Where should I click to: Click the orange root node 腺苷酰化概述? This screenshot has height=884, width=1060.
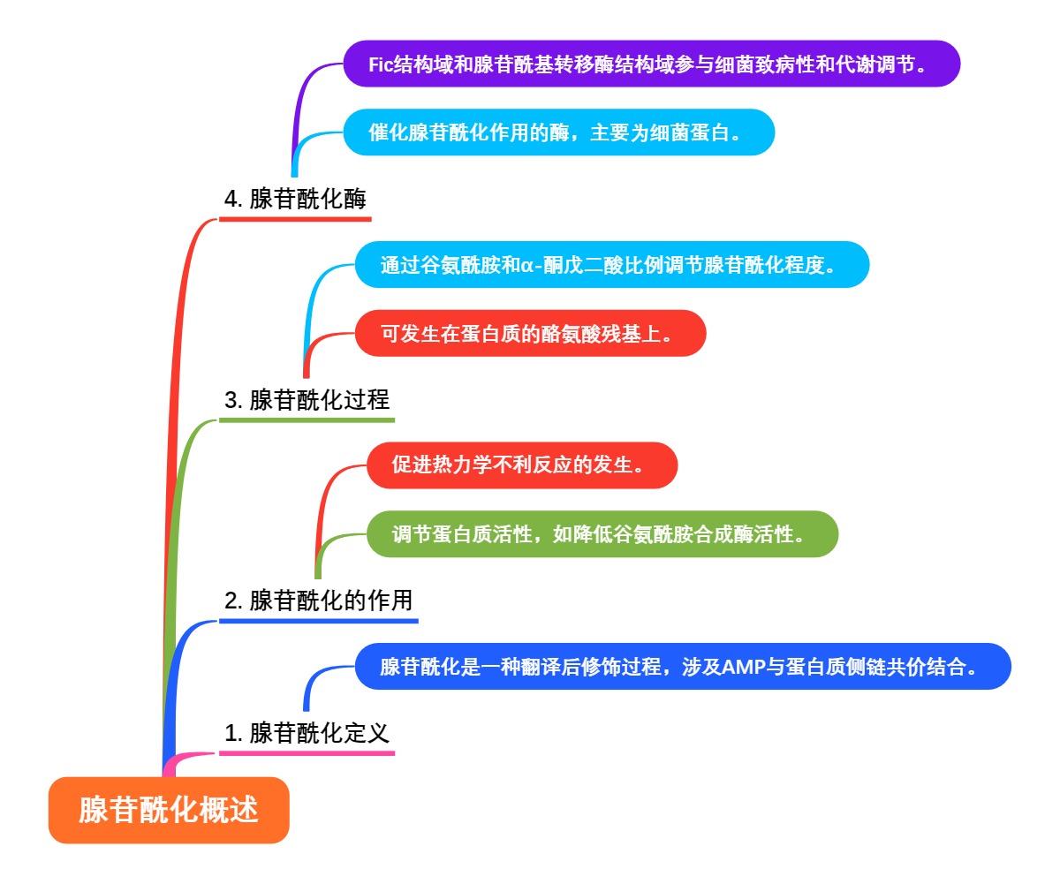pos(169,810)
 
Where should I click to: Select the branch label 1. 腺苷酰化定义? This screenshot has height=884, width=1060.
pos(307,733)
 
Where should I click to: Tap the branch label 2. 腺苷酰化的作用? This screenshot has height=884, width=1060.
pos(318,601)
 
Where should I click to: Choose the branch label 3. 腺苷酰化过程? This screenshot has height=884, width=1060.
pos(307,400)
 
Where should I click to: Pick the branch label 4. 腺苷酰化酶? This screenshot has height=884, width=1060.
pos(295,200)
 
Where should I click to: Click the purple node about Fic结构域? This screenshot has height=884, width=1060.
pos(651,64)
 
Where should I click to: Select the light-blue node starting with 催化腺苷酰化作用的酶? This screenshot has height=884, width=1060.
pos(558,132)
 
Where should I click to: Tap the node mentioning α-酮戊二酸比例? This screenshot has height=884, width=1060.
pos(611,265)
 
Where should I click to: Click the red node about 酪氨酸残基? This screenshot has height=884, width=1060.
pos(530,334)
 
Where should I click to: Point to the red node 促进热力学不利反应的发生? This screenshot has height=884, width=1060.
pos(521,465)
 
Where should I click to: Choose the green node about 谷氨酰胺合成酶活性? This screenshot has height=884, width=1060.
pos(602,534)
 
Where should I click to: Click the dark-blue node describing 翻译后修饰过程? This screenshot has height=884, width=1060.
pos(682,667)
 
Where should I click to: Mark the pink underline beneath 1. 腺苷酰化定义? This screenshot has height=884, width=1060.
pos(307,753)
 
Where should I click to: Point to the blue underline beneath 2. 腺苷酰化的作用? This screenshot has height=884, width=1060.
pos(318,621)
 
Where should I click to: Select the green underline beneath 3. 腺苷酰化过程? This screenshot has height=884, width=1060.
pos(307,419)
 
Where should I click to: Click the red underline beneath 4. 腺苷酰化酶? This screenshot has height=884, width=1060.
pos(295,219)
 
